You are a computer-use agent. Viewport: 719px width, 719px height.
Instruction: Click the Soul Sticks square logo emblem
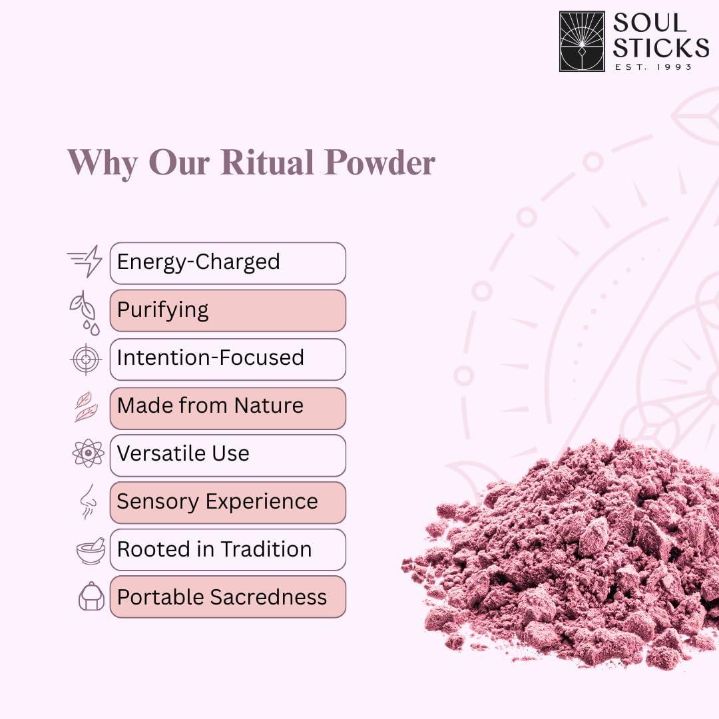pyautogui.click(x=582, y=41)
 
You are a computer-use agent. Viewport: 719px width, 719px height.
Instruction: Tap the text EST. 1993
pyautogui.click(x=653, y=67)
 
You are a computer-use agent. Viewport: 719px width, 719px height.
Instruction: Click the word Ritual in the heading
pyautogui.click(x=268, y=162)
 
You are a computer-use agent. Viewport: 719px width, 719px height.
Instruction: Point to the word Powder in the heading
pyautogui.click(x=380, y=162)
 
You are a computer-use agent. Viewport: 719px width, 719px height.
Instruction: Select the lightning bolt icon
pyautogui.click(x=85, y=261)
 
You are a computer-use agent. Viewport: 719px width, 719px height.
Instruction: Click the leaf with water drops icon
pyautogui.click(x=85, y=313)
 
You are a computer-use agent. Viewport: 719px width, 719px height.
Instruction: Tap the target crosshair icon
pyautogui.click(x=86, y=359)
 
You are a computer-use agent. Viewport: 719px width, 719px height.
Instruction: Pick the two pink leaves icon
pyautogui.click(x=86, y=407)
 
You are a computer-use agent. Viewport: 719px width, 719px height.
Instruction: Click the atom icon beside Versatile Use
pyautogui.click(x=88, y=453)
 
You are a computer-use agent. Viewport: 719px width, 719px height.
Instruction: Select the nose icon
pyautogui.click(x=88, y=502)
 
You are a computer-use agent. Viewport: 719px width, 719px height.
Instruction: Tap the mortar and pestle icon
pyautogui.click(x=91, y=551)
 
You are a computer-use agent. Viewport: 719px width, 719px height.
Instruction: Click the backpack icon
pyautogui.click(x=92, y=596)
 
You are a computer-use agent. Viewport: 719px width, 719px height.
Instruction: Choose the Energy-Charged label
pyautogui.click(x=198, y=262)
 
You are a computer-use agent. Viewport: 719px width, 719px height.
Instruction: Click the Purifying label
pyautogui.click(x=163, y=310)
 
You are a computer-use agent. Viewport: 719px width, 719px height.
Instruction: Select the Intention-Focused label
pyautogui.click(x=210, y=358)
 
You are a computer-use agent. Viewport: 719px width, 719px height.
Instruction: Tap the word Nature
pyautogui.click(x=269, y=406)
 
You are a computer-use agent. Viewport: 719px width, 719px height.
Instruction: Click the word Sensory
pyautogui.click(x=158, y=502)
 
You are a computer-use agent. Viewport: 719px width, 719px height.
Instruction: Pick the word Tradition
pyautogui.click(x=266, y=549)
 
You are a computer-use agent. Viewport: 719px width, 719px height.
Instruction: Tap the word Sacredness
pyautogui.click(x=269, y=597)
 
